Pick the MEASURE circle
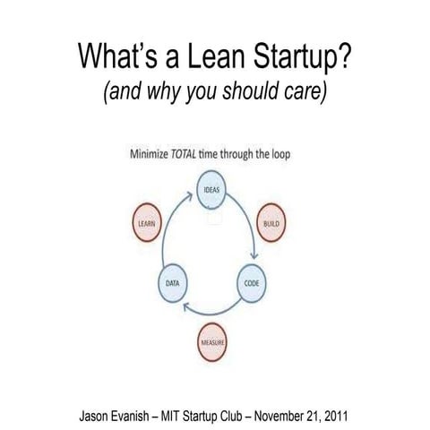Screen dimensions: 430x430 pyautogui.click(x=212, y=342)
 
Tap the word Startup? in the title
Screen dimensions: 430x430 pyautogui.click(x=299, y=56)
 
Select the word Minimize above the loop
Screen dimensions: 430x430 pyautogui.click(x=154, y=153)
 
